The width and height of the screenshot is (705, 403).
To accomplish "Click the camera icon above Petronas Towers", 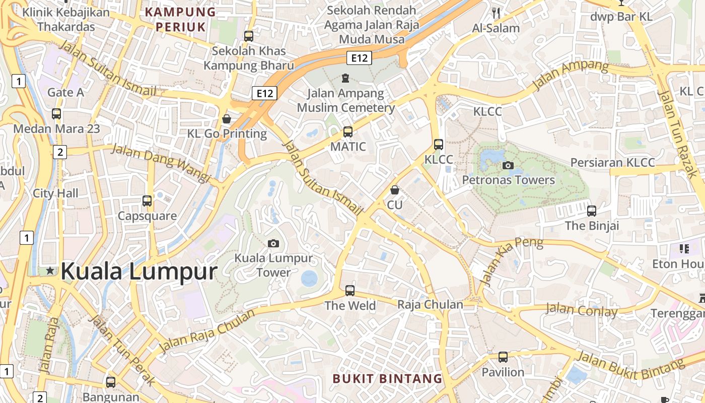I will (508, 165).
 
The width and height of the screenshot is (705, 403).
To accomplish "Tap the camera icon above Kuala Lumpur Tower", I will (273, 244).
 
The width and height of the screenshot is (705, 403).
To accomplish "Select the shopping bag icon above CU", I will (395, 190).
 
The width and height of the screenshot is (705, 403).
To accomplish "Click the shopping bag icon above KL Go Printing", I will (227, 119).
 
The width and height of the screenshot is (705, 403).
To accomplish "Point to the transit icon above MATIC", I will (347, 132).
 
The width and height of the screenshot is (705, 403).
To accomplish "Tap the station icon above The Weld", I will (350, 291).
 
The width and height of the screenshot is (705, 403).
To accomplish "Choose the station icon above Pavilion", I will (503, 357).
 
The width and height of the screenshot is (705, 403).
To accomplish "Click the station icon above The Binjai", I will (592, 211).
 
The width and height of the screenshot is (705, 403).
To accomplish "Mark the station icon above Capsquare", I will (147, 201).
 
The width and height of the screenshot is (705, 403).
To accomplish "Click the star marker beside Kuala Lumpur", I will (50, 271).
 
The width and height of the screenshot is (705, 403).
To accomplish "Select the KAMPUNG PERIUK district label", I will (180, 19).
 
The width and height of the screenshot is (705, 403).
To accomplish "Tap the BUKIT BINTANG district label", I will (387, 378).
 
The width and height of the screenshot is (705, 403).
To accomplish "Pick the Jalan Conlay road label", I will (581, 310).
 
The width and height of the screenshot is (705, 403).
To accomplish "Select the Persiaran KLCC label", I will (612, 162).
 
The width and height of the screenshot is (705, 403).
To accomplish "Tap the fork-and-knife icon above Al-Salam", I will (497, 14).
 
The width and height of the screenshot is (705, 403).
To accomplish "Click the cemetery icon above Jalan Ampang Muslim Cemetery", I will (345, 78).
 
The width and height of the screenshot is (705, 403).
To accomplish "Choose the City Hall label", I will (55, 193).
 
